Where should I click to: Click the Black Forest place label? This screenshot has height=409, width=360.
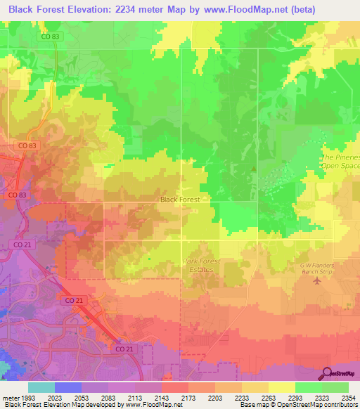click(180, 200)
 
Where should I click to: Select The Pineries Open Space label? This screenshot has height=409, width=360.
click(340, 162)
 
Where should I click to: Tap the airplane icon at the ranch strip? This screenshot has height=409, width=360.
click(316, 281)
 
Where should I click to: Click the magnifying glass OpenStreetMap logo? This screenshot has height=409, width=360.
click(328, 372)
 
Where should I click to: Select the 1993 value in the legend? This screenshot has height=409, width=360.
click(26, 397)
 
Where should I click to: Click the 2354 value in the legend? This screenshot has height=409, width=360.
click(347, 397)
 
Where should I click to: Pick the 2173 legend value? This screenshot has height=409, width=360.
click(188, 397)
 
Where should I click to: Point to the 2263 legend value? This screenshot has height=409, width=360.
click(269, 397)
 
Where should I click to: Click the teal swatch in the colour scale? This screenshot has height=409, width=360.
click(41, 387)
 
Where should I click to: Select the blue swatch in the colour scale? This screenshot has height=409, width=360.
click(67, 387)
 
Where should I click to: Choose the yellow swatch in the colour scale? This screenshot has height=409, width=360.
click(281, 387)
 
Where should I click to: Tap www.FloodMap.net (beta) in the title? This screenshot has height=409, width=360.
click(258, 10)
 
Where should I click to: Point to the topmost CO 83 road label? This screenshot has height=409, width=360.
click(50, 37)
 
